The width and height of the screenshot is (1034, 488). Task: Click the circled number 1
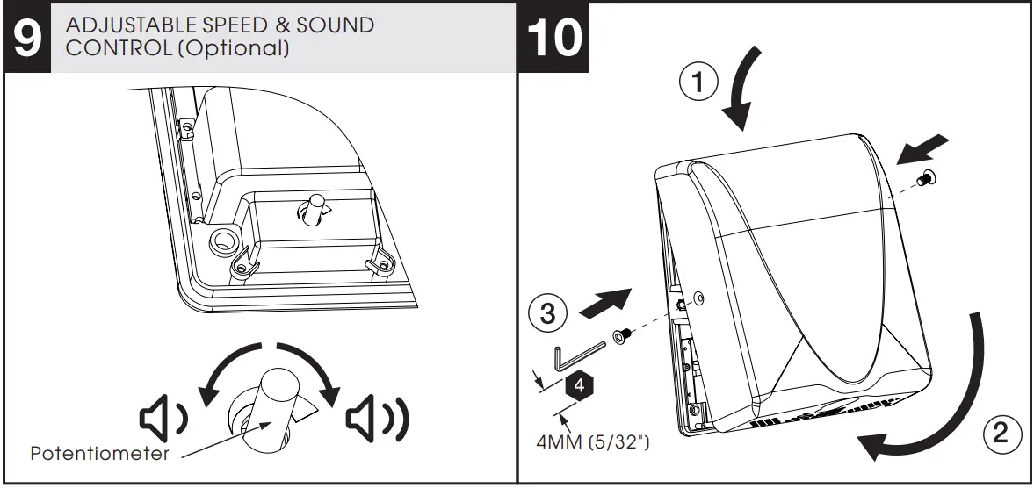[698, 84]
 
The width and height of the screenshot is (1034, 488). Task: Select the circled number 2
[1000, 432]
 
